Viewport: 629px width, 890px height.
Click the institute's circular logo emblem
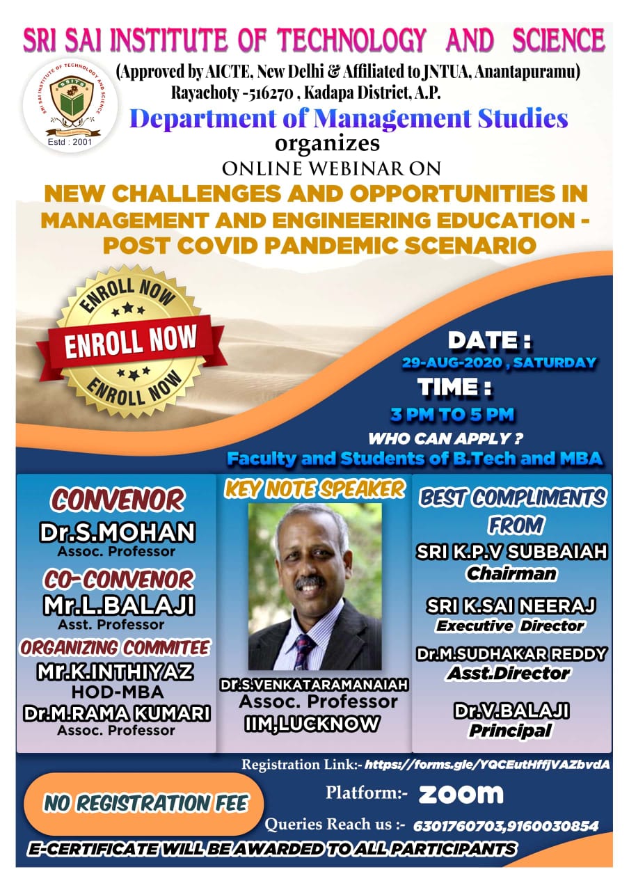pos(70,106)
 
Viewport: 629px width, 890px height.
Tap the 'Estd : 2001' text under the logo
pos(70,142)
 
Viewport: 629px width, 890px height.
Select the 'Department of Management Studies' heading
pos(349,119)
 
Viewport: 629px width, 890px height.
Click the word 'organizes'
pos(327,144)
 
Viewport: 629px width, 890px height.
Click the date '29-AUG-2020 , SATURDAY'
pos(499,363)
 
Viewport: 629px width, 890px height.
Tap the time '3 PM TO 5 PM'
pos(452,415)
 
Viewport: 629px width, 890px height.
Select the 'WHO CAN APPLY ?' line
pos(445,438)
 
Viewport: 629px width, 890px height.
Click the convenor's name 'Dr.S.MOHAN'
pos(117,532)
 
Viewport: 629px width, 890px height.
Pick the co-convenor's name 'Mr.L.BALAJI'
pos(119,606)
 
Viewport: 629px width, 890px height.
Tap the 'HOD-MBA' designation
pos(118,692)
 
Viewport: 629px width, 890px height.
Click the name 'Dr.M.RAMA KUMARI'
pos(116,713)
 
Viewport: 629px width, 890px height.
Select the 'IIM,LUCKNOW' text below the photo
pos(312,723)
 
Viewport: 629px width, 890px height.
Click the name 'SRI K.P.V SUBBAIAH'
pos(512,552)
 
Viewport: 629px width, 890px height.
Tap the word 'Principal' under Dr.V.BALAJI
pos(511,730)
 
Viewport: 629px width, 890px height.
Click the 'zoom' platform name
pos(461,795)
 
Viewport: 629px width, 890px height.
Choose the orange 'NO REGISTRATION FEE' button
pos(143,804)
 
